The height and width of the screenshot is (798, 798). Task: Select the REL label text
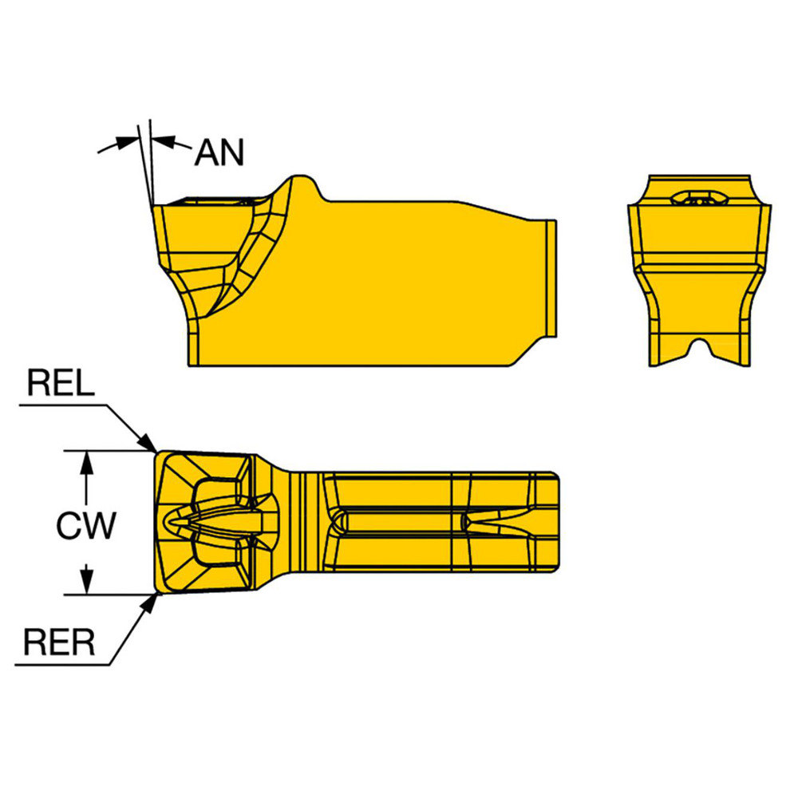[x=61, y=384]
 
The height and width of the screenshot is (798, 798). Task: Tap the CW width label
[x=87, y=525]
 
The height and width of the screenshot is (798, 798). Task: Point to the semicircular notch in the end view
[x=700, y=349]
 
